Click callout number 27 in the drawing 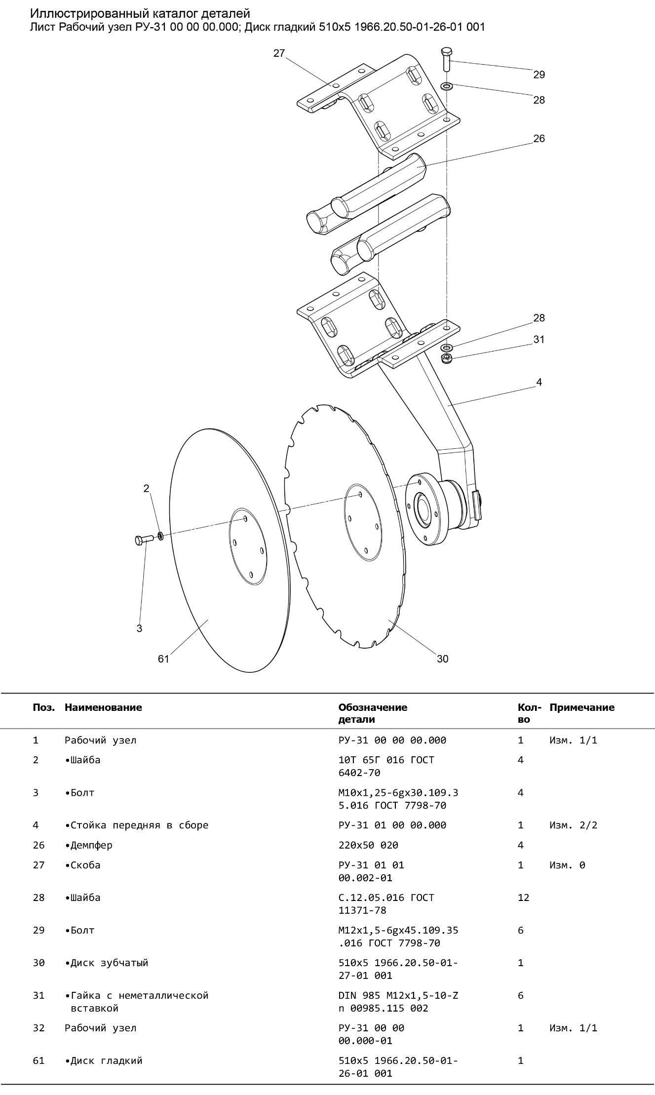(x=279, y=53)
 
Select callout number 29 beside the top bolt (x=539, y=75)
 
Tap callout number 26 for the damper (x=539, y=139)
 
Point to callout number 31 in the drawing (x=539, y=340)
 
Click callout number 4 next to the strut (x=539, y=382)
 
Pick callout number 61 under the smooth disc (x=163, y=659)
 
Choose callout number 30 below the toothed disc (x=443, y=659)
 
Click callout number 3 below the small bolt (x=139, y=628)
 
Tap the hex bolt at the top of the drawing (x=446, y=59)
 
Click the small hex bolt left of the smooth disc (x=144, y=540)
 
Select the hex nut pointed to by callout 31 (x=447, y=358)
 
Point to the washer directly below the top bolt (x=447, y=86)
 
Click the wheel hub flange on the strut (x=426, y=509)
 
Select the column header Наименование (x=103, y=707)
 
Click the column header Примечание (x=582, y=707)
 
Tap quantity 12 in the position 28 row (x=523, y=898)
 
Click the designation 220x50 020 (x=368, y=845)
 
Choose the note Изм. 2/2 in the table (x=573, y=825)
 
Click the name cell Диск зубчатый (x=107, y=963)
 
